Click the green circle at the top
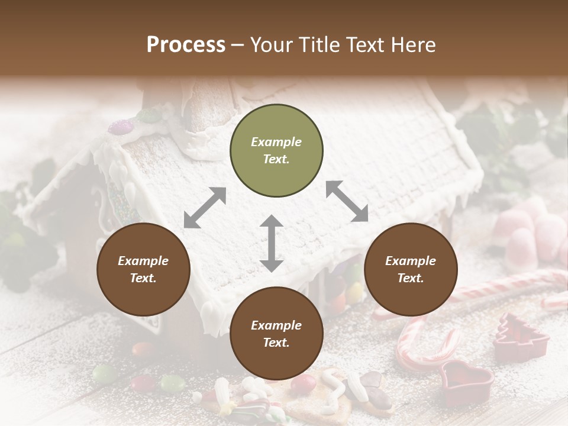(276, 151)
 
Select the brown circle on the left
(143, 269)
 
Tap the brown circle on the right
(411, 269)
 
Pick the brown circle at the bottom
(276, 334)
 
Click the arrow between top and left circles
(205, 208)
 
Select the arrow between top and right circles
(347, 201)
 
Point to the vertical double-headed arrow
(272, 243)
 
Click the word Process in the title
(186, 45)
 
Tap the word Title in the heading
(322, 45)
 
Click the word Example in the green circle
(276, 142)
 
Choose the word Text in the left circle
(143, 278)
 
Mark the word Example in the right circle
(411, 261)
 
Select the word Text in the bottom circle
(276, 343)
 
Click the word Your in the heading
(270, 45)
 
